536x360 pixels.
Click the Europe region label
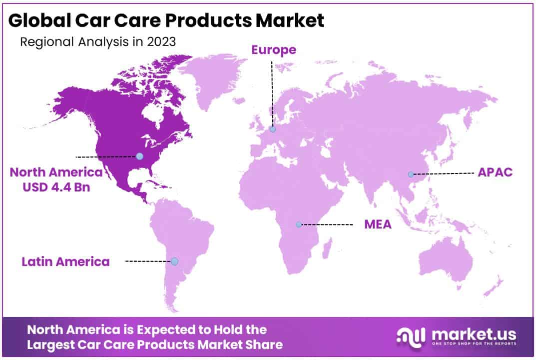pyautogui.click(x=273, y=50)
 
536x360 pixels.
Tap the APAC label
pyautogui.click(x=495, y=172)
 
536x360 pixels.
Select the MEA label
pyautogui.click(x=378, y=224)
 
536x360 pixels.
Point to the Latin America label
pyautogui.click(x=65, y=261)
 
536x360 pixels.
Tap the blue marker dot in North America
pyautogui.click(x=139, y=156)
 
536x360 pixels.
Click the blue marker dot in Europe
pyautogui.click(x=272, y=129)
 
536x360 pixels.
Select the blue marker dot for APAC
pyautogui.click(x=411, y=174)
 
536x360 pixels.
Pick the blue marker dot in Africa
pyautogui.click(x=299, y=224)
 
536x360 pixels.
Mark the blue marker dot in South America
pyautogui.click(x=174, y=261)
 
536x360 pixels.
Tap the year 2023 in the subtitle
pyautogui.click(x=161, y=41)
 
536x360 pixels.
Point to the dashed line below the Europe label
pyautogui.click(x=272, y=90)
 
